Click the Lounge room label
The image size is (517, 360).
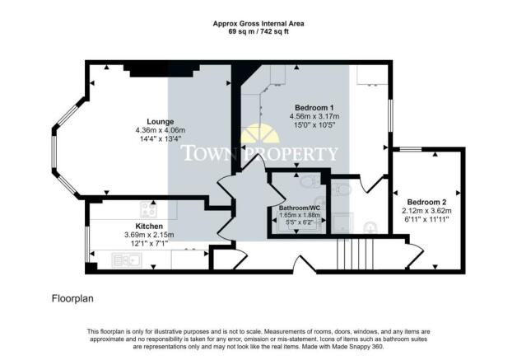tap(161, 121)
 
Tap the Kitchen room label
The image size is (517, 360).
tap(149, 227)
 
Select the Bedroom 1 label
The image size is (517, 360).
tap(314, 108)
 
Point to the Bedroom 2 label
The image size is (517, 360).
tap(426, 202)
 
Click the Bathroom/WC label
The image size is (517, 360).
tap(300, 208)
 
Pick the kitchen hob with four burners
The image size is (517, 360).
tap(149, 210)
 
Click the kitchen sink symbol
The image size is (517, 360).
tap(127, 260)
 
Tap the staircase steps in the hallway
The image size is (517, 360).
tap(355, 254)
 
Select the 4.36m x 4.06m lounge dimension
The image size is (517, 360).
tap(161, 130)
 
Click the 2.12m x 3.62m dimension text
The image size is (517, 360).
tap(426, 211)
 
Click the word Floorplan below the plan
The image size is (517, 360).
tap(72, 298)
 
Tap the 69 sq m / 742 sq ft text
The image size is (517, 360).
tap(258, 32)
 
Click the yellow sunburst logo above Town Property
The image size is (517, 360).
tap(260, 133)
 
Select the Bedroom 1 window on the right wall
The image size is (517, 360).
tap(390, 115)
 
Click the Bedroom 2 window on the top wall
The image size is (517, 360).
tap(411, 149)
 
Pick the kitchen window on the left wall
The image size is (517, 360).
tap(87, 244)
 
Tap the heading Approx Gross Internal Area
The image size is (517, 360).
tap(258, 24)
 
